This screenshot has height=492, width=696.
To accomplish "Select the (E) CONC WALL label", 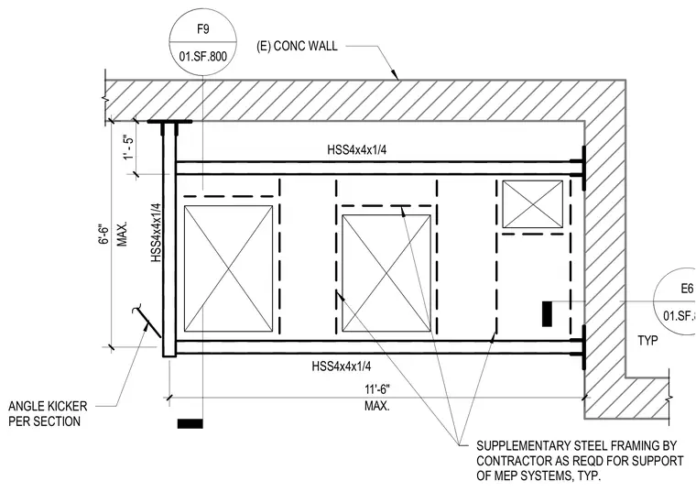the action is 297,46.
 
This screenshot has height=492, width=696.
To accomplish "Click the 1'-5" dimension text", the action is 129,148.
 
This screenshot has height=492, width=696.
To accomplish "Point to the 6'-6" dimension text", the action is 103,234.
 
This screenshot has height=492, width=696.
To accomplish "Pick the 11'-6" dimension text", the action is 377,389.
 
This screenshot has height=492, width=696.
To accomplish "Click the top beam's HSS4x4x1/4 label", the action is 356,149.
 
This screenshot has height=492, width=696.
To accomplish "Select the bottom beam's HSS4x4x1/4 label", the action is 342,366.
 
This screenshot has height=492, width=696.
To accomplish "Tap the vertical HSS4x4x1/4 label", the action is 156,232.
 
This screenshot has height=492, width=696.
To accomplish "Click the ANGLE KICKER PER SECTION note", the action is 48,413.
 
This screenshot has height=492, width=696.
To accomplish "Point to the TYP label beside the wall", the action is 647,341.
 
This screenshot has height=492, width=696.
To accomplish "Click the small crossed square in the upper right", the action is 532,203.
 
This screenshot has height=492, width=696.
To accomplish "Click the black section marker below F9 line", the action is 190,423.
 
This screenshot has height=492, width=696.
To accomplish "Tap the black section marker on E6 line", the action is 547,314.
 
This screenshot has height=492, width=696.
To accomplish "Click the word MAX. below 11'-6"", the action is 377,405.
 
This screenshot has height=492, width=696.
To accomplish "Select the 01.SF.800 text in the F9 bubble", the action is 203,57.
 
